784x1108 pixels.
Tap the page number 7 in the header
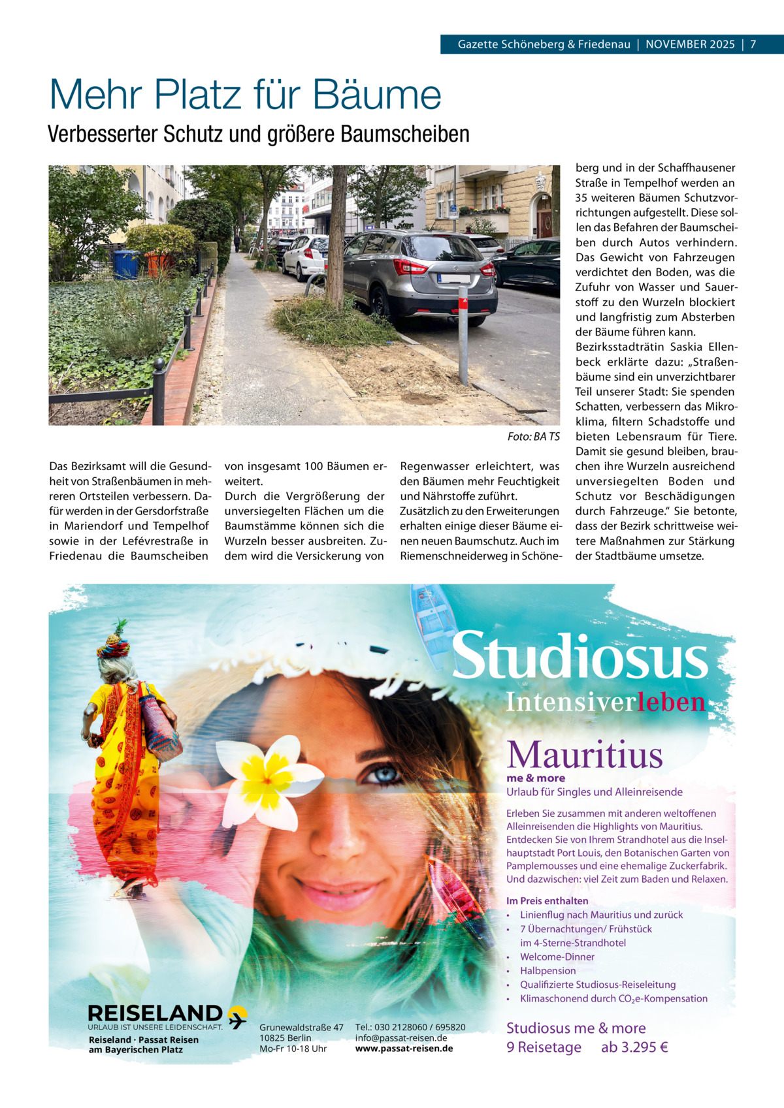753,44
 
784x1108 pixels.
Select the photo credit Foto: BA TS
533,437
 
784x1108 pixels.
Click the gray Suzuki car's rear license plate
455,279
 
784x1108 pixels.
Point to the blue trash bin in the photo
125,264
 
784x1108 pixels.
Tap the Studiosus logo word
580,657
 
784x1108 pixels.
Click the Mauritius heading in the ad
585,755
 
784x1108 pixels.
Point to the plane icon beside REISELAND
237,1016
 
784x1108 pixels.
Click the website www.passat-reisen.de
404,1049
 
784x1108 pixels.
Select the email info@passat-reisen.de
401,1038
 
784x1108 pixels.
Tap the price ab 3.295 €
634,1047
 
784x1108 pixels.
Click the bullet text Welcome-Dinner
557,957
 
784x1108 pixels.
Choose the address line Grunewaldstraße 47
301,1028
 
